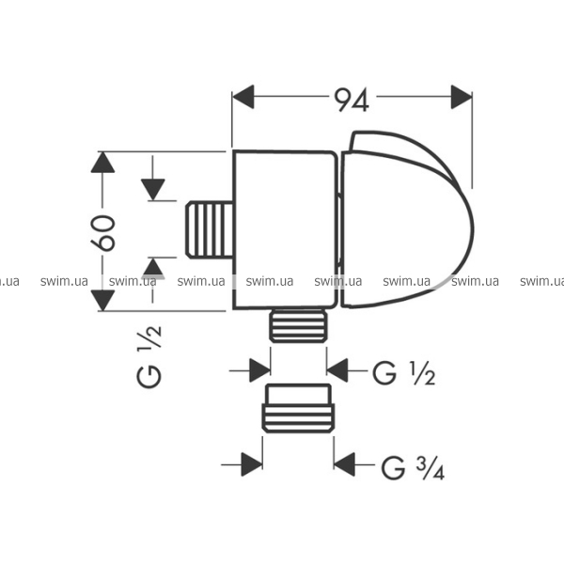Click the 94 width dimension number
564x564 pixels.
pos(352,101)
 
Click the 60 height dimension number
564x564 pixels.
pos(103,233)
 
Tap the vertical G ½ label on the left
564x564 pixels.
pos(149,356)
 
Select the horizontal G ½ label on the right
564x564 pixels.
pos(403,373)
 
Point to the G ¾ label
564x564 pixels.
pos(413,467)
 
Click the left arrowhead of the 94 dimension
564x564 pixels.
pos(243,97)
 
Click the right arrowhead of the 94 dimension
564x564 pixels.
pos(462,97)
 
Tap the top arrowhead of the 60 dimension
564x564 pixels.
pos(102,163)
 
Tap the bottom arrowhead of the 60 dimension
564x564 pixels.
pos(102,301)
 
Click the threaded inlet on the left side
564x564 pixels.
pos(210,229)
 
